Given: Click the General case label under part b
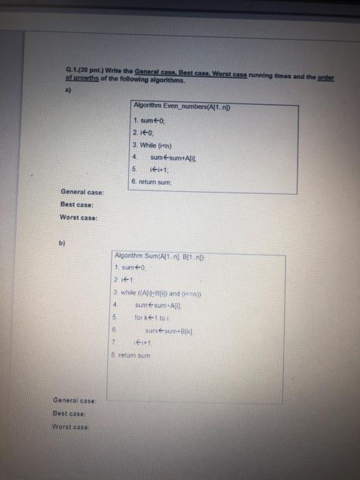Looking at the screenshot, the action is click(x=75, y=400).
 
